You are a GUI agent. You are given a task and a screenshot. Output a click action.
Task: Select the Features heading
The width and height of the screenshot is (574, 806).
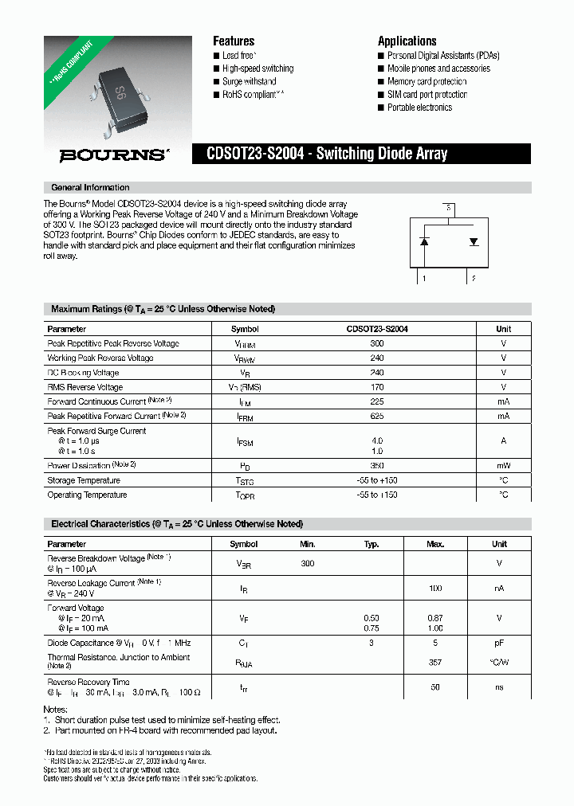(x=234, y=41)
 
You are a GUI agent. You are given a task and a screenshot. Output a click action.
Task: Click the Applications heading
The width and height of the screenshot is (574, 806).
(x=407, y=41)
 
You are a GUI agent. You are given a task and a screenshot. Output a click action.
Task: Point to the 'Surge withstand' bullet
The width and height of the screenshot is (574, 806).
(x=249, y=81)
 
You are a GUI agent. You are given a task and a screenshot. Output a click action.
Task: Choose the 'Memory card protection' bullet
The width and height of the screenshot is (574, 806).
(x=427, y=81)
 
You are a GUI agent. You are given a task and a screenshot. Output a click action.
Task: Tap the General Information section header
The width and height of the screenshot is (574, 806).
(x=90, y=188)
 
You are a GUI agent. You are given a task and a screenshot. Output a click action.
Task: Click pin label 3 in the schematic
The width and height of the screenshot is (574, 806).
(x=450, y=208)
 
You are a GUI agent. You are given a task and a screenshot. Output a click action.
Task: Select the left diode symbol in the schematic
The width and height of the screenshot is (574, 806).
(x=425, y=241)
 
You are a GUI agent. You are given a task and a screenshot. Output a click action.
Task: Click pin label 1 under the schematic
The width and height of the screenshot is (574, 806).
(x=424, y=278)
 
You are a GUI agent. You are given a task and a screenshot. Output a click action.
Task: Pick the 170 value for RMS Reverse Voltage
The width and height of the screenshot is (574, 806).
(x=377, y=387)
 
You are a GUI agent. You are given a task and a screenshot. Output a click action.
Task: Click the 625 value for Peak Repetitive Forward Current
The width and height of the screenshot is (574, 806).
(x=377, y=416)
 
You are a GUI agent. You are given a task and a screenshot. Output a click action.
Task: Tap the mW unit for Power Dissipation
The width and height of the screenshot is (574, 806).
(x=503, y=466)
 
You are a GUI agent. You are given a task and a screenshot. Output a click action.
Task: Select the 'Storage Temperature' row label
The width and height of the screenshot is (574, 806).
(x=86, y=480)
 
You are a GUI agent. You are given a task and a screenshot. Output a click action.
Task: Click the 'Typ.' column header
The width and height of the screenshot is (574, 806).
(x=372, y=544)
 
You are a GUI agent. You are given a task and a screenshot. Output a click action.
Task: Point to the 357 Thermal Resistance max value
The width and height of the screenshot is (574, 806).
(x=434, y=661)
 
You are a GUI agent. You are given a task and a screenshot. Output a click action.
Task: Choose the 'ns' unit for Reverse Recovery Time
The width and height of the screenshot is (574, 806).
(x=499, y=687)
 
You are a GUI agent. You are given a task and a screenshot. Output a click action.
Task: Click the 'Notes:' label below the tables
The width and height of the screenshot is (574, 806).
(x=55, y=709)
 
